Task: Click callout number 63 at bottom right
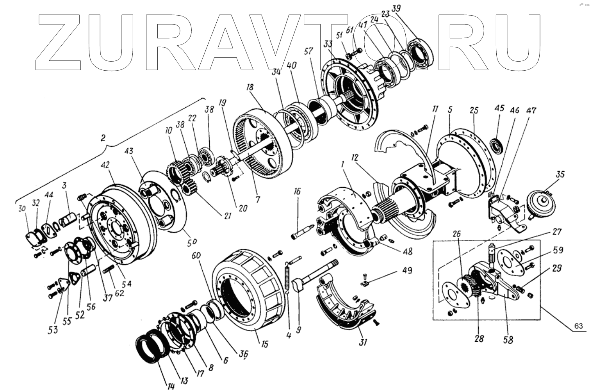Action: click(x=578, y=326)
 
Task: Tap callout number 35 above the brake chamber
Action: click(x=560, y=174)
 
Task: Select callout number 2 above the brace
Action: click(x=103, y=138)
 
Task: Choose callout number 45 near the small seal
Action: click(x=499, y=108)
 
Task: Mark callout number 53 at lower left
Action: click(x=53, y=330)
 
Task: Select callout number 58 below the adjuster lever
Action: click(x=508, y=339)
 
